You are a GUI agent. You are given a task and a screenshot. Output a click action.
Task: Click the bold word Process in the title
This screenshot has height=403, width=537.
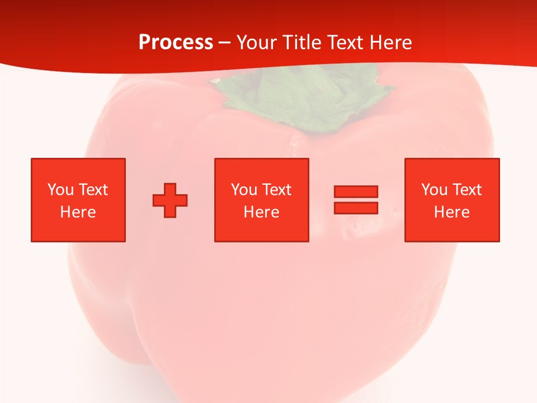coord(176,43)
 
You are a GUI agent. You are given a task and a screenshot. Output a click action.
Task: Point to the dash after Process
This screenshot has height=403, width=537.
coord(225,43)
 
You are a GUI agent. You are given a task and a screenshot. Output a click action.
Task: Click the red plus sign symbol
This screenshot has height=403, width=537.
coord(170,200)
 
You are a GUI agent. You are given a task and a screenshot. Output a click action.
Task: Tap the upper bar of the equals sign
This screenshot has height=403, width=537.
coord(356,191)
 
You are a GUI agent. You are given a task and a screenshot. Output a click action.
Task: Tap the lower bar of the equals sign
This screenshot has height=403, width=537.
coord(356,208)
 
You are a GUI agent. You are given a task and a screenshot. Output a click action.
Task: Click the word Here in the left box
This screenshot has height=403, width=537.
coord(78,212)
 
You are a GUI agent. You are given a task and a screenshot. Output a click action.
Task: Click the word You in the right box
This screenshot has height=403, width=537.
coord(435,190)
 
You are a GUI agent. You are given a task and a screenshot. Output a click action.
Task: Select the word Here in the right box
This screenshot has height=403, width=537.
coord(451,212)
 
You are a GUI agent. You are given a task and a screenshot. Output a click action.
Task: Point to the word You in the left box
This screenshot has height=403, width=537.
coord(61,190)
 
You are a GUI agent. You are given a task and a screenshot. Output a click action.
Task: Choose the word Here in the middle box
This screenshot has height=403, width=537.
coord(261,212)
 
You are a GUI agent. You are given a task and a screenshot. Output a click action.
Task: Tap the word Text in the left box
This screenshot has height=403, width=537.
coord(93,190)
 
